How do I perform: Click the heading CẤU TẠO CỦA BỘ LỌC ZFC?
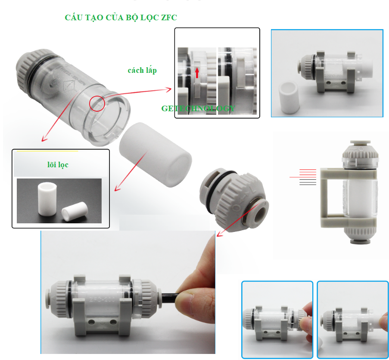[x=121, y=18]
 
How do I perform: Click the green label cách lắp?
[x=142, y=70]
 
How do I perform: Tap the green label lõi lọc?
[x=58, y=164]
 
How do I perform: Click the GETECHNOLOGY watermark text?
[x=198, y=108]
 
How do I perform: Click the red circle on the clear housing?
[x=97, y=103]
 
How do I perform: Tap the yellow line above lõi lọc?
[x=47, y=151]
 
